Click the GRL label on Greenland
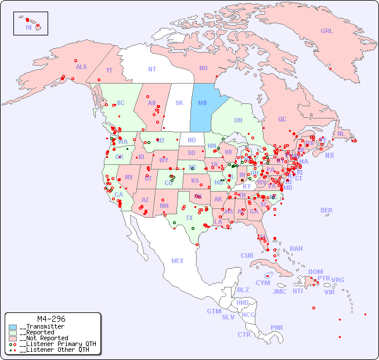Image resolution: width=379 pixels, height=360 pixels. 327,31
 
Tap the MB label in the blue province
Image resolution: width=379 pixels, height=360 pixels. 203,103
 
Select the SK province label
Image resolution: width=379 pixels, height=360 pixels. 179,103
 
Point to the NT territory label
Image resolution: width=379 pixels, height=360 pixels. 152,69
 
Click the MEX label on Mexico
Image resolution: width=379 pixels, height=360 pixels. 178,261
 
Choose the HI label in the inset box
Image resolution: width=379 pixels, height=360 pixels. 28,27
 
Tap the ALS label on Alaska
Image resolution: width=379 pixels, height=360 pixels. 81,67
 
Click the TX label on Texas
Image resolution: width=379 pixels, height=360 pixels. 189,218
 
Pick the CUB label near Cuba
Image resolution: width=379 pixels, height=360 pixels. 247,255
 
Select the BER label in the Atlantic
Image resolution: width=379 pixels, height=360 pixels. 327,210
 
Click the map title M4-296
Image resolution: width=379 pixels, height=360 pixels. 50,319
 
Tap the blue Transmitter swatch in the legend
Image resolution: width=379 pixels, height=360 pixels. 13,327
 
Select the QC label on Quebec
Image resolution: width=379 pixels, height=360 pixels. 282,119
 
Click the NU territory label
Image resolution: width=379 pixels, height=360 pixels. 203,68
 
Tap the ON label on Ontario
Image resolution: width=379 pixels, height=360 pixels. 238,120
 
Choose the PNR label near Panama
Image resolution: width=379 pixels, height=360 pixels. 277,327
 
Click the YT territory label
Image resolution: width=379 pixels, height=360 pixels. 109,70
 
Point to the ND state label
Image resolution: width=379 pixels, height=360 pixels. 192,140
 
